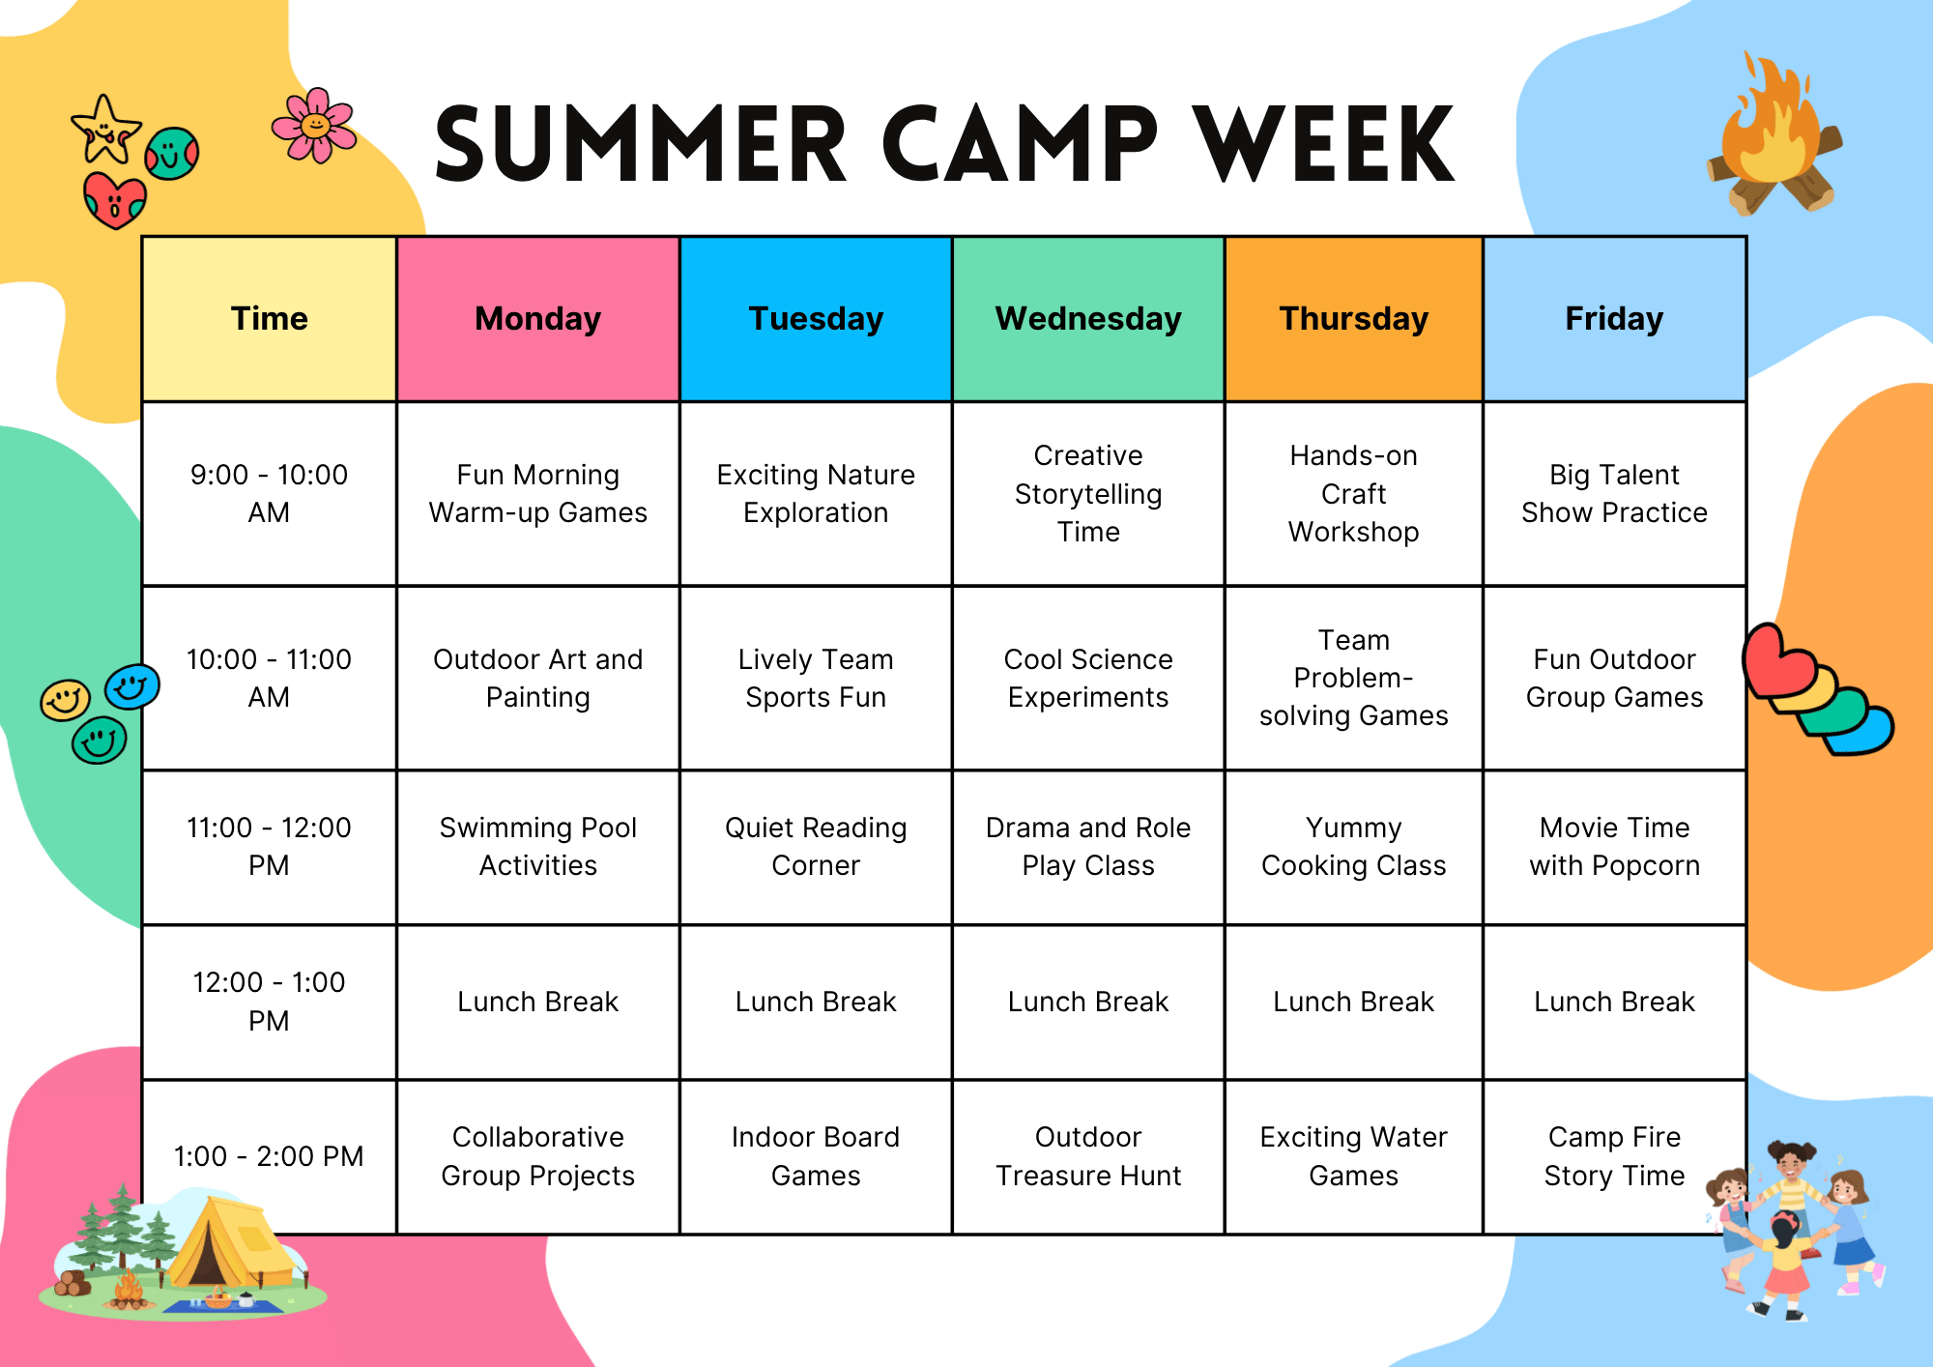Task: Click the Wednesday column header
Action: point(1088,319)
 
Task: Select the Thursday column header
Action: point(1353,319)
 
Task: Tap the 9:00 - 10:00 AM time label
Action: point(269,493)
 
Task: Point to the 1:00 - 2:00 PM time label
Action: point(269,1156)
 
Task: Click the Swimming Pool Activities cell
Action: point(538,847)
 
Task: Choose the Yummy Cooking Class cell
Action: point(1353,847)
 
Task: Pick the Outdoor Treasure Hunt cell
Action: point(1088,1156)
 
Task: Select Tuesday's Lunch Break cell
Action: point(816,1002)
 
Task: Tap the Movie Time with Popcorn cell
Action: point(1614,847)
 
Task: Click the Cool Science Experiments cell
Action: point(1088,678)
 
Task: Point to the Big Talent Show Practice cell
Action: point(1614,493)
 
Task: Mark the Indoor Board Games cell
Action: point(816,1156)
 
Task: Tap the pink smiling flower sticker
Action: point(314,126)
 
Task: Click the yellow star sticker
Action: point(105,130)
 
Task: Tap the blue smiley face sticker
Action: point(132,687)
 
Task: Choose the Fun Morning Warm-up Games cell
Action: point(538,493)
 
